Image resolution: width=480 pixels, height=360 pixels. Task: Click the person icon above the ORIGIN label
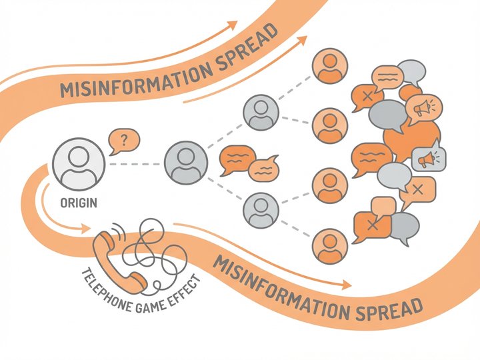point(79,163)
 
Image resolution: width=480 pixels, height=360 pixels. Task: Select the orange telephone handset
point(117,258)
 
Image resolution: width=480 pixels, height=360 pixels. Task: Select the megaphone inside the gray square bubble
point(427,159)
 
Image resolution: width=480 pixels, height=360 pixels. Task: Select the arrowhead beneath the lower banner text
point(346,285)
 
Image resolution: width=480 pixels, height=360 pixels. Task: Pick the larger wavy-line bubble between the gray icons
point(237,159)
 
